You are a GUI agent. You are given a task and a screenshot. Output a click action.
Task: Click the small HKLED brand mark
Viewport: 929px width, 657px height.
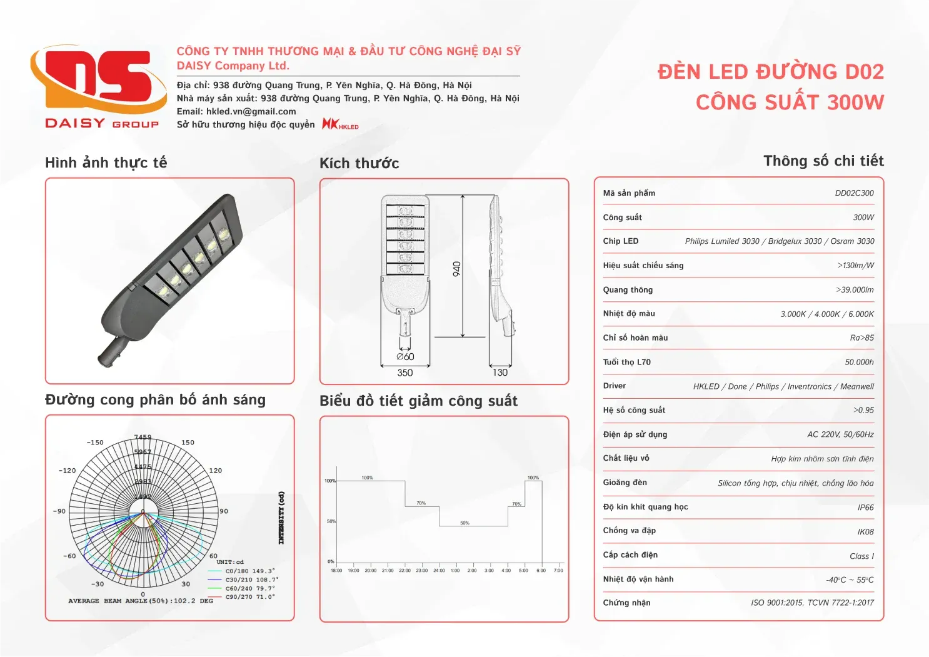[340, 124]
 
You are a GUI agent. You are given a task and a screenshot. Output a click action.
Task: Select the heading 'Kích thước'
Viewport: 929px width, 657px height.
[359, 163]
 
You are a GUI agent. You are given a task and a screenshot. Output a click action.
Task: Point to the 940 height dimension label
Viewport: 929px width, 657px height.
[457, 269]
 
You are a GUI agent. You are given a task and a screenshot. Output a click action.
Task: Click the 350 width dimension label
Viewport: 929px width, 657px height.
[405, 373]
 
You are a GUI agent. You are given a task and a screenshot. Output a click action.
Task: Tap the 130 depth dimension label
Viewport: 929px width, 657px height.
[500, 373]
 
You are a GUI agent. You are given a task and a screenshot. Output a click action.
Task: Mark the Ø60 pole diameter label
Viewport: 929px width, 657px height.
[405, 356]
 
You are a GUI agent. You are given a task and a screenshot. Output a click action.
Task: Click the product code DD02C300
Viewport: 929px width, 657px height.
[854, 193]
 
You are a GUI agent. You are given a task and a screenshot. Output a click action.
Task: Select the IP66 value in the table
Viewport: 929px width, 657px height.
[865, 508]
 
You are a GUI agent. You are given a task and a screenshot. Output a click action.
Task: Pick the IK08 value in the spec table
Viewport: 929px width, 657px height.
[865, 532]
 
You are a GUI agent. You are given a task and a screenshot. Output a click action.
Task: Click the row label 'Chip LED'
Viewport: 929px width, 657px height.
[621, 241]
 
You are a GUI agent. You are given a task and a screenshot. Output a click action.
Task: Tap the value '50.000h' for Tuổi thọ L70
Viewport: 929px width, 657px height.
[859, 362]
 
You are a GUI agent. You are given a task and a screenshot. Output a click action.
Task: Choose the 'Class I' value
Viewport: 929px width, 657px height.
[861, 556]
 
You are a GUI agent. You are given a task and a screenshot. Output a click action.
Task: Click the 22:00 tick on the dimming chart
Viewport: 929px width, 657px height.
[405, 570]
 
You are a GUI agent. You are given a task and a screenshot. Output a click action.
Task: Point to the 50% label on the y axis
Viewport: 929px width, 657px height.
[331, 521]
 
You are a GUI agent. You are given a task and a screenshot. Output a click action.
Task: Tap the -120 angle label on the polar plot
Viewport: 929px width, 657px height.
[67, 471]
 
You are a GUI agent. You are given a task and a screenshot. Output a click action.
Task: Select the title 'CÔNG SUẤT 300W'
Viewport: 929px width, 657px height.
[790, 102]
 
